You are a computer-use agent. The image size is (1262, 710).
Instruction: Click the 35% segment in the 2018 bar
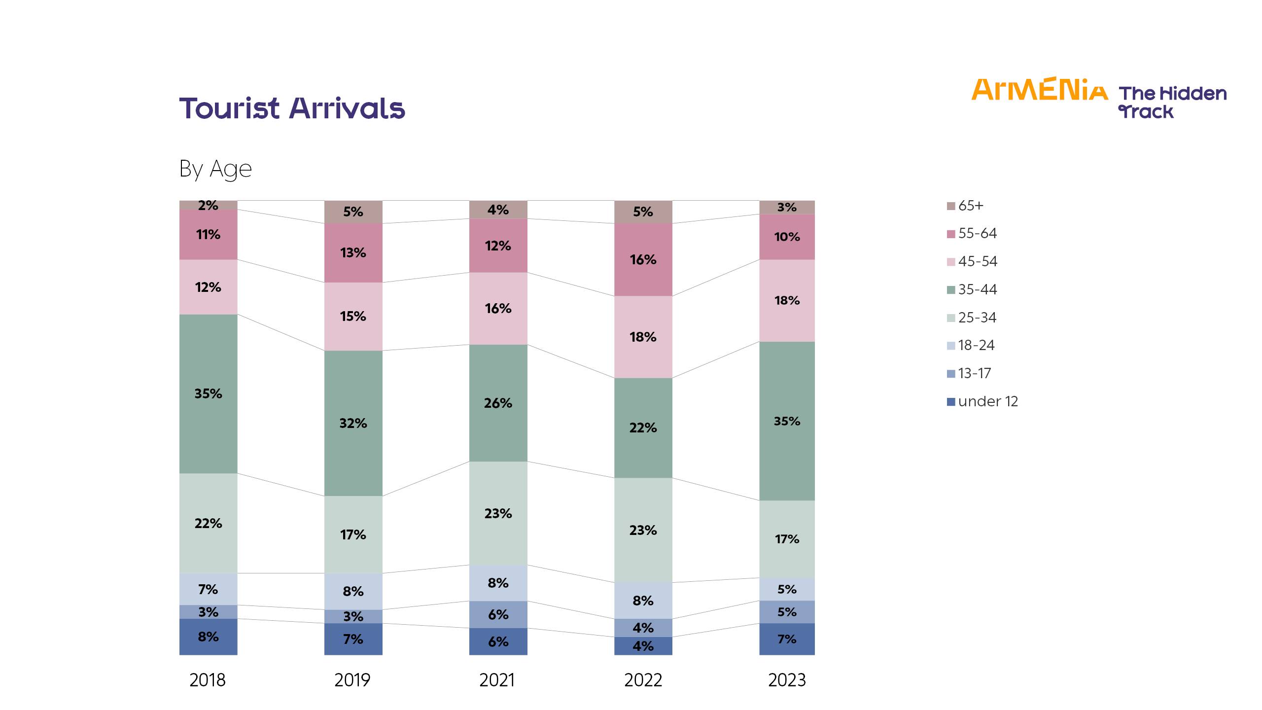pos(208,393)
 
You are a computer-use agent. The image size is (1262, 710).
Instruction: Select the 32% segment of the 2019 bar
pos(353,423)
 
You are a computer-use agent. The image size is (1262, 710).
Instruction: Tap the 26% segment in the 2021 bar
pos(498,403)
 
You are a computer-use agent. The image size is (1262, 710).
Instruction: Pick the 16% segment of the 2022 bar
pos(643,259)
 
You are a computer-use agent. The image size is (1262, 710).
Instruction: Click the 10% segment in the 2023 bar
pos(787,237)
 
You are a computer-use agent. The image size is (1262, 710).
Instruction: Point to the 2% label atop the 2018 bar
pos(208,205)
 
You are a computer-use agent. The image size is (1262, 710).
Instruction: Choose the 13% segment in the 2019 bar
pos(353,252)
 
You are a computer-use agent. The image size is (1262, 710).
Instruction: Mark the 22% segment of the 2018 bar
pos(208,523)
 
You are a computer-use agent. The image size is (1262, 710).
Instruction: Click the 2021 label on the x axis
pos(497,680)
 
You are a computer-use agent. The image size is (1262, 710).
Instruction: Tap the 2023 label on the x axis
pos(787,680)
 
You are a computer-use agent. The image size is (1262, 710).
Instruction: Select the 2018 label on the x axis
pos(208,680)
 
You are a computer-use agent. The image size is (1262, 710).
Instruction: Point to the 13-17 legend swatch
pos(951,374)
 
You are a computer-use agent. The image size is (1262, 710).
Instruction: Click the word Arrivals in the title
pos(347,108)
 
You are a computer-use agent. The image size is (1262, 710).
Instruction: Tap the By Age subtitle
pos(215,169)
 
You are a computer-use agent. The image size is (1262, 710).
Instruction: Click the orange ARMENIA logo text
pos(1039,90)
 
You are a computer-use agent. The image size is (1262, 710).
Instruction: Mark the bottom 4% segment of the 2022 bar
pos(643,646)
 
